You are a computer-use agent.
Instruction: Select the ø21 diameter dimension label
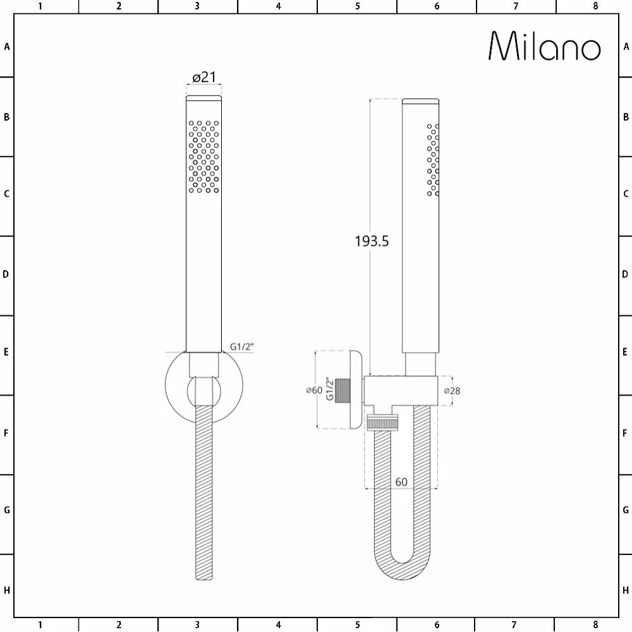coord(204,77)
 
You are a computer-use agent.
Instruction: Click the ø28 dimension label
coord(452,391)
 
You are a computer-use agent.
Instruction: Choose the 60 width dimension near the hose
coord(401,482)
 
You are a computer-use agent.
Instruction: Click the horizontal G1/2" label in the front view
coord(241,346)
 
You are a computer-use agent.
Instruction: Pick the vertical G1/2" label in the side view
coord(329,390)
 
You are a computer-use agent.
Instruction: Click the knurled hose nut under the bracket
coord(384,422)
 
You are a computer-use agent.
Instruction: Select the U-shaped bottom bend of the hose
coord(402,569)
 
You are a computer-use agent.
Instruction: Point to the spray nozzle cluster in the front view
coord(204,156)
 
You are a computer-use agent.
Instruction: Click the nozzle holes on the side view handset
coord(433,159)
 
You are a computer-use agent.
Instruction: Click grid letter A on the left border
coord(7,46)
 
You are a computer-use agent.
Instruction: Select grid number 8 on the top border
coord(595,6)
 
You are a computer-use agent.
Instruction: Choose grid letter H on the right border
coord(626,590)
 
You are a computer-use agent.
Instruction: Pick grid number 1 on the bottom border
coord(40,625)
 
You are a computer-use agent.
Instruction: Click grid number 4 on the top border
coord(278,6)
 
